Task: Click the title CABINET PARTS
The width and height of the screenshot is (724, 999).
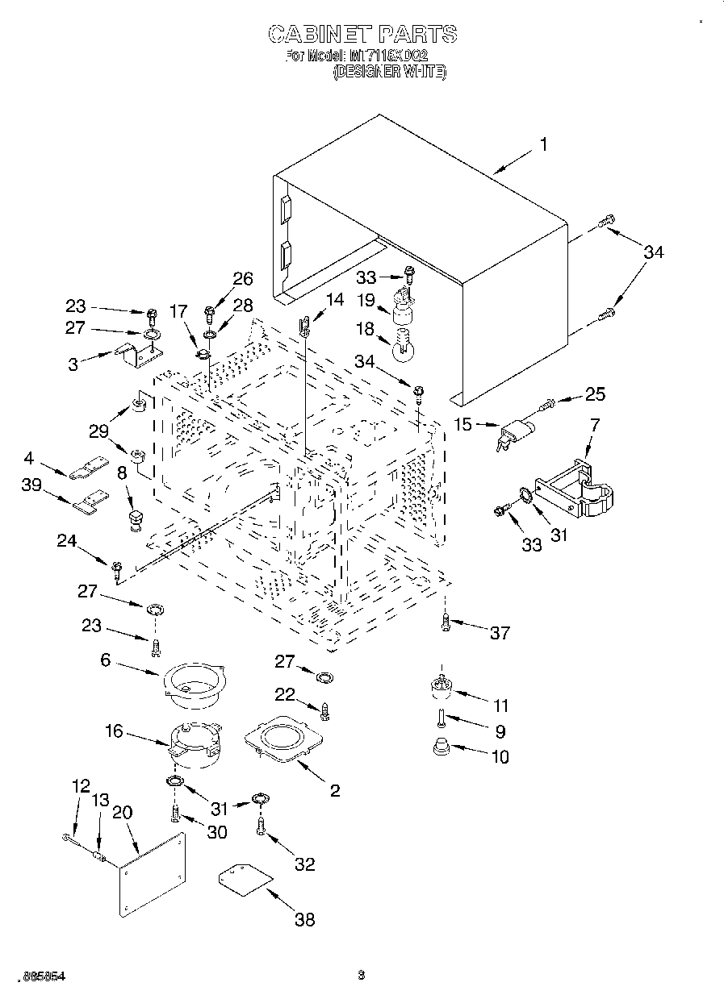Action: click(x=362, y=34)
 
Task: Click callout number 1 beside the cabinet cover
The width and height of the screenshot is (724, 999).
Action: click(x=543, y=144)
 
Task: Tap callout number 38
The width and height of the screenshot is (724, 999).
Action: click(x=304, y=918)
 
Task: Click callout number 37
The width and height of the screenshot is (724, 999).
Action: click(x=500, y=632)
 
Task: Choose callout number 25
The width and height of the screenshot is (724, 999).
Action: click(x=595, y=394)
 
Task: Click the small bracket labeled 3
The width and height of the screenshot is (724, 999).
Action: click(x=138, y=355)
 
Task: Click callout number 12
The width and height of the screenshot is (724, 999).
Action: click(x=80, y=787)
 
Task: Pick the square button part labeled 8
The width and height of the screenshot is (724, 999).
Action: click(x=134, y=515)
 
